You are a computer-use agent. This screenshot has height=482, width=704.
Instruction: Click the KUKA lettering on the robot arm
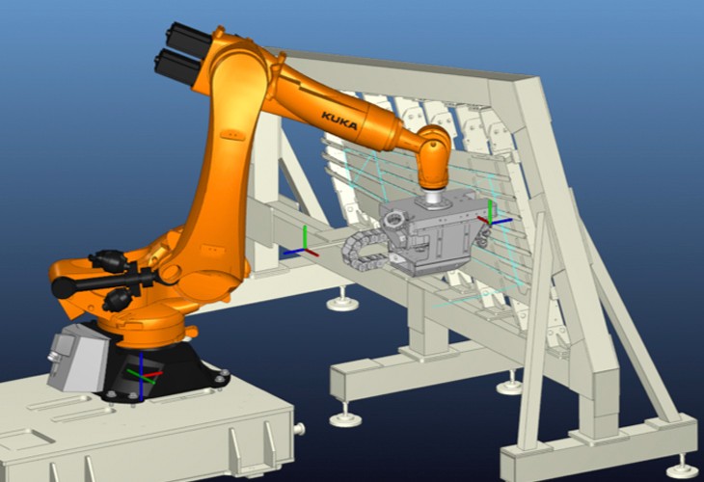pos(339,120)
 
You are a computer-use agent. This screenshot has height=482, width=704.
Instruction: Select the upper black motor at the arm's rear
pos(189,39)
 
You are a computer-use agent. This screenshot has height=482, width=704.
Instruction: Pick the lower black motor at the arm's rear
pos(177,67)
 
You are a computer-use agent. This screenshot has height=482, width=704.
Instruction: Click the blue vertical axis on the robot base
pos(141,376)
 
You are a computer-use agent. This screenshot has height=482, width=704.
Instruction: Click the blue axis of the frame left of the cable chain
pos(293,252)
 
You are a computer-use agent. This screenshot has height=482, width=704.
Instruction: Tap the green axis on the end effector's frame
pos(490,211)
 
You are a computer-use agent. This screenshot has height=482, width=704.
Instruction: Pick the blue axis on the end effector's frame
pos(501,222)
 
